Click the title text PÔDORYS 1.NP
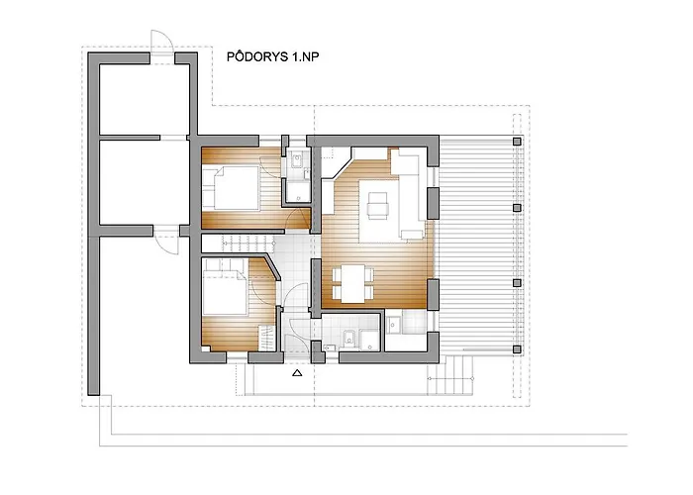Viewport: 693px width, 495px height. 272,56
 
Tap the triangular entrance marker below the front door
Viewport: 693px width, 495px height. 297,372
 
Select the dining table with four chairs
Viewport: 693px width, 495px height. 352,283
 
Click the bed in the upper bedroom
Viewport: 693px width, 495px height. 237,187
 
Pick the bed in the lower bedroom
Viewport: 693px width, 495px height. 224,292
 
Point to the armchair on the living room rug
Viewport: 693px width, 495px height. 378,205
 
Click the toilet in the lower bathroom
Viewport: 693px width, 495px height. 349,339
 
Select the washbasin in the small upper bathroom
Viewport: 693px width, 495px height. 297,159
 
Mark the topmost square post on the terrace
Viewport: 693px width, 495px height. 517,142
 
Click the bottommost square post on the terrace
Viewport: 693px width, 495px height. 517,349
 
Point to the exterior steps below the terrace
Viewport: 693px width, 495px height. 450,374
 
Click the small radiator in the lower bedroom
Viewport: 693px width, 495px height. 266,338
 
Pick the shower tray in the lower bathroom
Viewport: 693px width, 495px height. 369,340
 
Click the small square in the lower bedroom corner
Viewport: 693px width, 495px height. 205,348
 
